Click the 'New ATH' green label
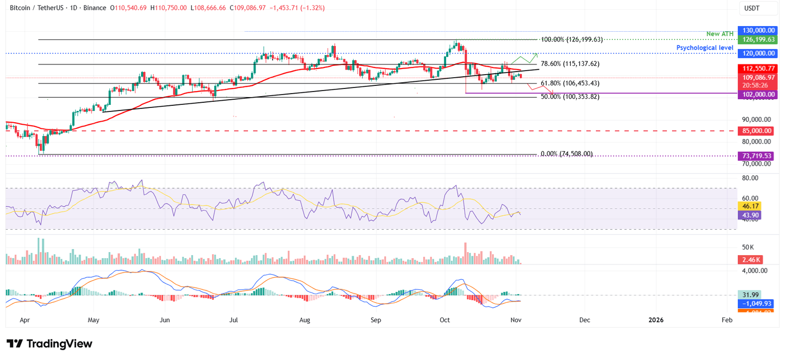click(x=720, y=34)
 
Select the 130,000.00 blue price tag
click(x=758, y=31)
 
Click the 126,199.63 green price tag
click(x=758, y=39)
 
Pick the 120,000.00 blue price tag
click(x=758, y=53)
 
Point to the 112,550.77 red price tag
click(x=758, y=69)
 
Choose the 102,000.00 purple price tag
click(x=758, y=94)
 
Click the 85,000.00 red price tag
click(x=758, y=131)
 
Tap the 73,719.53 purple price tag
click(x=758, y=155)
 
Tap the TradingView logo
click(x=49, y=344)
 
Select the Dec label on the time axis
click(x=585, y=320)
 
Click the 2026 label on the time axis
click(x=656, y=320)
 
